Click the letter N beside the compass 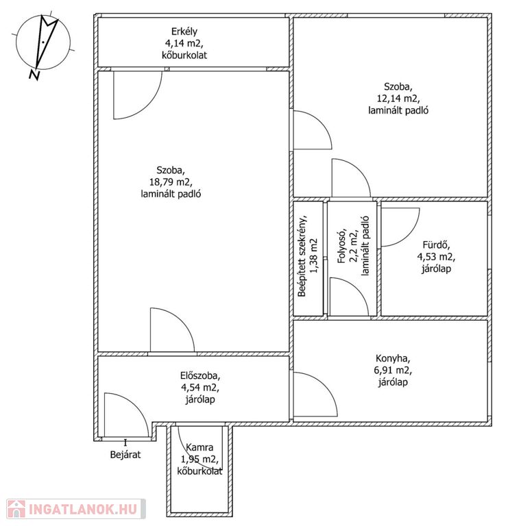pyautogui.click(x=34, y=75)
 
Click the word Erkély pyautogui.click(x=184, y=32)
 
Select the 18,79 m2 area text pyautogui.click(x=171, y=182)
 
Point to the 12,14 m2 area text pyautogui.click(x=398, y=99)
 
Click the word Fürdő pyautogui.click(x=436, y=245)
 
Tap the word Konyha pyautogui.click(x=393, y=359)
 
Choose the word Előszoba pyautogui.click(x=200, y=376)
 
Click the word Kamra pyautogui.click(x=199, y=447)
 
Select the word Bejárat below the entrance pyautogui.click(x=125, y=455)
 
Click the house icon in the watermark pyautogui.click(x=16, y=510)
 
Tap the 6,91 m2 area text pyautogui.click(x=393, y=371)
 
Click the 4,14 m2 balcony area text pyautogui.click(x=184, y=43)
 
